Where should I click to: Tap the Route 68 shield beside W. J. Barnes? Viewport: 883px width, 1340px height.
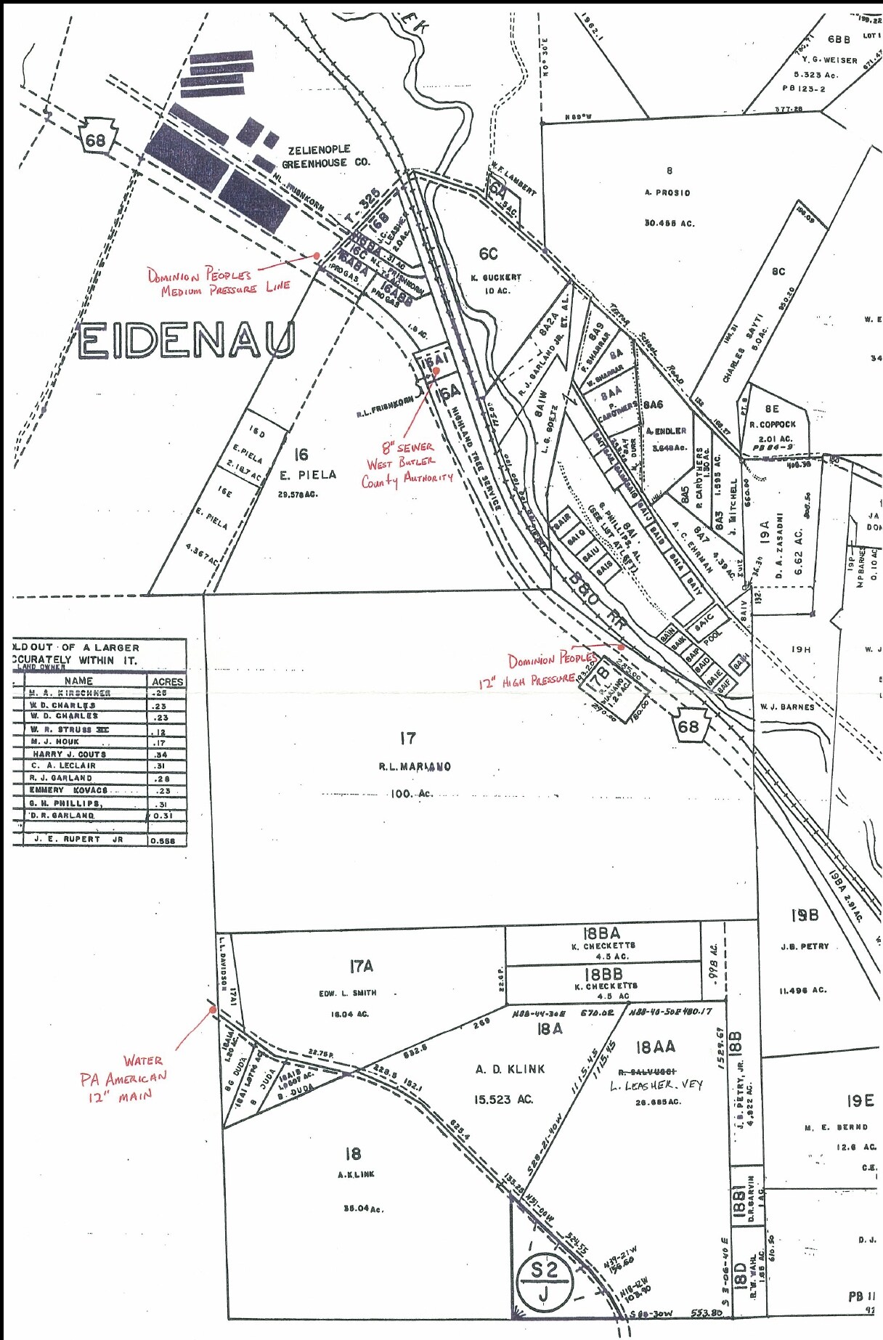tap(688, 726)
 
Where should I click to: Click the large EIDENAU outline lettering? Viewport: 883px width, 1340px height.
tap(187, 340)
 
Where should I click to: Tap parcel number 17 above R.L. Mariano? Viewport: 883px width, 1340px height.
tap(408, 739)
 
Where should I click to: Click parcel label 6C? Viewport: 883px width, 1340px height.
tap(488, 253)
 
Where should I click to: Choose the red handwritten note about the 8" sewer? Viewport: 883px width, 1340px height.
tap(407, 463)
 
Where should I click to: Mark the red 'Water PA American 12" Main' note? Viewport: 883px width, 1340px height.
tap(124, 1078)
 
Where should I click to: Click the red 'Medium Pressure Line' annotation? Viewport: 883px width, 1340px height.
tap(218, 282)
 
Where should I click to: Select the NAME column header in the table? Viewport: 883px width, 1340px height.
tap(78, 681)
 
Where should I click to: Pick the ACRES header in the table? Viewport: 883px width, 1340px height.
tap(167, 681)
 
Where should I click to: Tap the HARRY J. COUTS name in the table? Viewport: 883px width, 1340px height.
tap(70, 754)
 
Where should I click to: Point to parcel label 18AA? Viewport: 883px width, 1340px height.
tap(655, 1047)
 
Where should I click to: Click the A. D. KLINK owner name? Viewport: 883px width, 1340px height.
tap(510, 1069)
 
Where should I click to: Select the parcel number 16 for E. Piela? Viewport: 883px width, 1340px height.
tap(301, 455)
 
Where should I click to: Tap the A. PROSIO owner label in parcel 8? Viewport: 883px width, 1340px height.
tap(667, 192)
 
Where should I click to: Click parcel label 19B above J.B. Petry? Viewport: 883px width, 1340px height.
tap(805, 916)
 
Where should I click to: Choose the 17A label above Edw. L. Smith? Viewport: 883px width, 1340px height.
tap(361, 967)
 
